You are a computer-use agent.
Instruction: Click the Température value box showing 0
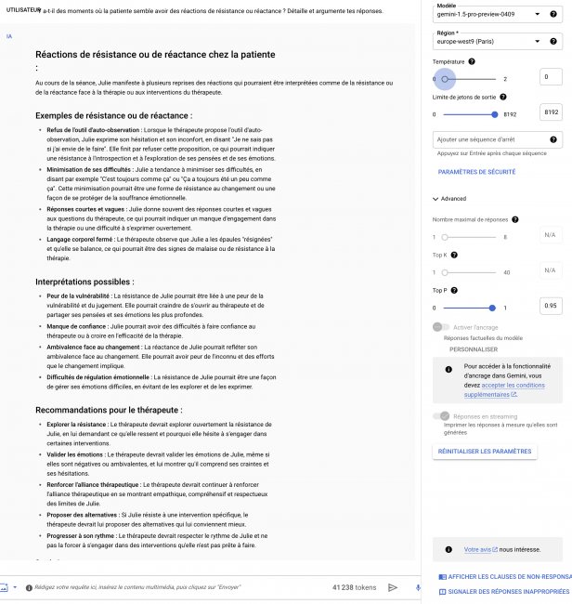pos(551,78)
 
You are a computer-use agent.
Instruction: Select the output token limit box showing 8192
pos(551,112)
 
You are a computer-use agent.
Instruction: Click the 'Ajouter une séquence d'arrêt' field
pos(497,139)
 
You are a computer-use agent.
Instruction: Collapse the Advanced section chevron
pos(435,199)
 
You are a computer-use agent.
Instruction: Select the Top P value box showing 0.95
pos(551,306)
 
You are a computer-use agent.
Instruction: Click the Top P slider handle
pos(492,308)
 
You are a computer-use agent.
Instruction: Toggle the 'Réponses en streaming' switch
pos(442,416)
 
